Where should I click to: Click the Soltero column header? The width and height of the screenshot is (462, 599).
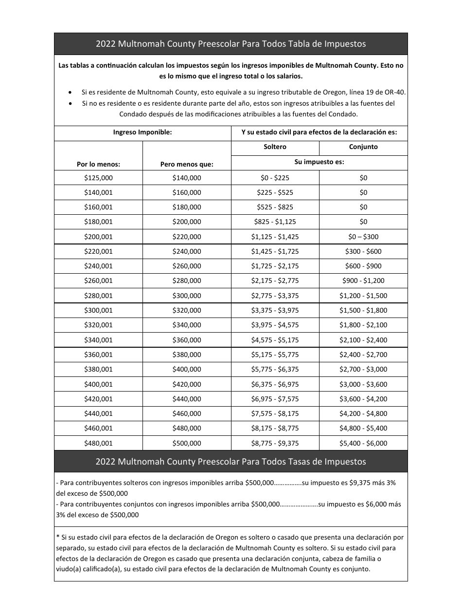[x=275, y=147]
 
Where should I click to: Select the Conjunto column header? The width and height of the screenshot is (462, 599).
[x=363, y=147]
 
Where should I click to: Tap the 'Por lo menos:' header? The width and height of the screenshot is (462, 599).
[x=98, y=164]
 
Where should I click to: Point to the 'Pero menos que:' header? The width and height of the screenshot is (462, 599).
[x=187, y=164]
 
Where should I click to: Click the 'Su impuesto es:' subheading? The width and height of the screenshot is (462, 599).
[x=319, y=162]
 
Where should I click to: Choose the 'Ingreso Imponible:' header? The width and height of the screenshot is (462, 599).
[x=142, y=132]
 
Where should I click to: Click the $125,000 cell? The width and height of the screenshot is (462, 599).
[x=98, y=178]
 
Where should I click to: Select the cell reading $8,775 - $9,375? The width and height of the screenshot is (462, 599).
[x=275, y=443]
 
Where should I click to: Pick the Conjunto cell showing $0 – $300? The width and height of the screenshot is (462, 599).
[x=363, y=237]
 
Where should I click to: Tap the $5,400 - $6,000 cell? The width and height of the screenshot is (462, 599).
[x=363, y=443]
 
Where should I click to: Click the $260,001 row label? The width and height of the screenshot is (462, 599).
[x=98, y=281]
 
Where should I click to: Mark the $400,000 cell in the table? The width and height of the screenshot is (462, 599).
[x=187, y=369]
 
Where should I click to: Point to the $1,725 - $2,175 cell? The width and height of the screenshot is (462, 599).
[x=275, y=266]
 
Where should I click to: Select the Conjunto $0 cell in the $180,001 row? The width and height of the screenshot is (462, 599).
[x=363, y=222]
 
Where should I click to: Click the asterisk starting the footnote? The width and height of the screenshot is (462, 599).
[x=58, y=537]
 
